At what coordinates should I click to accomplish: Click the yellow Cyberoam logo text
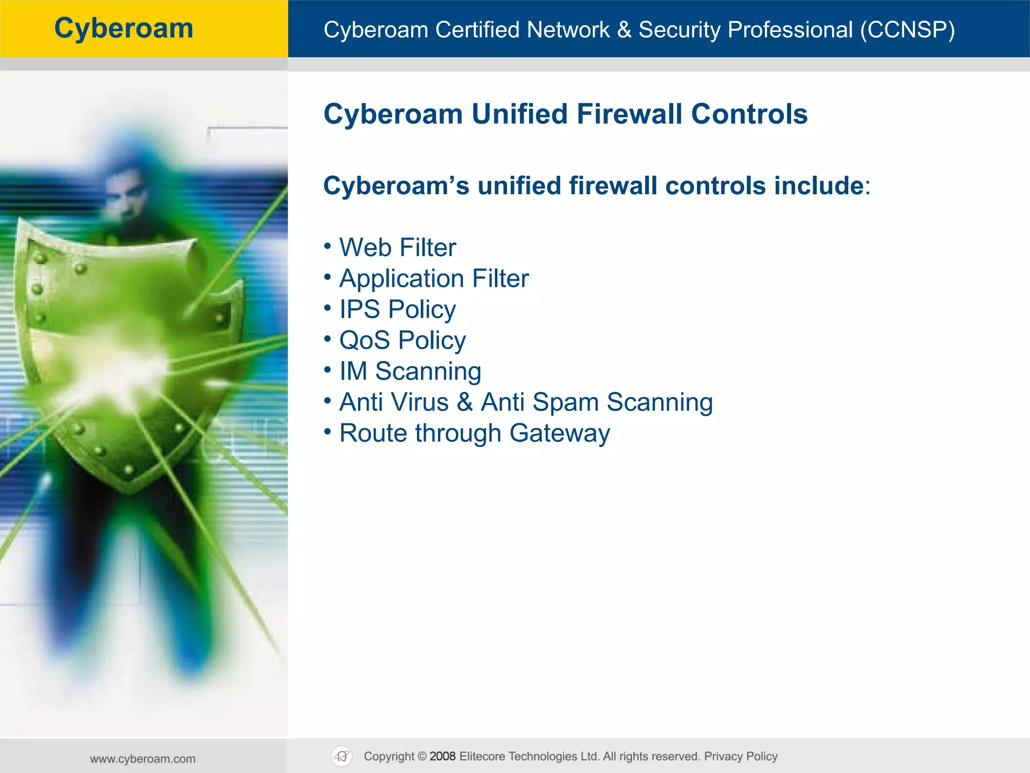coord(124,28)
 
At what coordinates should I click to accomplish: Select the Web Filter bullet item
coord(397,248)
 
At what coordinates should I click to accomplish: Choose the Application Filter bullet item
coord(434,279)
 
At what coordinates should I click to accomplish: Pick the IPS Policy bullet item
coord(397,310)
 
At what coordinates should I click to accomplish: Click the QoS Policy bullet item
coord(402,341)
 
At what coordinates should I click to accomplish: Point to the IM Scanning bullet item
coord(410,371)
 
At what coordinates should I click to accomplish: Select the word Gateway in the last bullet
coord(559,433)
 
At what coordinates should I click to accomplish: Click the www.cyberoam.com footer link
coord(143,759)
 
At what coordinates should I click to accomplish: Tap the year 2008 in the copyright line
coord(442,756)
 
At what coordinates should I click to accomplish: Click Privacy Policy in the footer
coord(740,756)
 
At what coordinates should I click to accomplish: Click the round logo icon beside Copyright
coord(342,756)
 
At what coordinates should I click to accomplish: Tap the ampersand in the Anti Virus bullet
coord(465,403)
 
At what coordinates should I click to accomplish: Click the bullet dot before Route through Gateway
coord(327,432)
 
